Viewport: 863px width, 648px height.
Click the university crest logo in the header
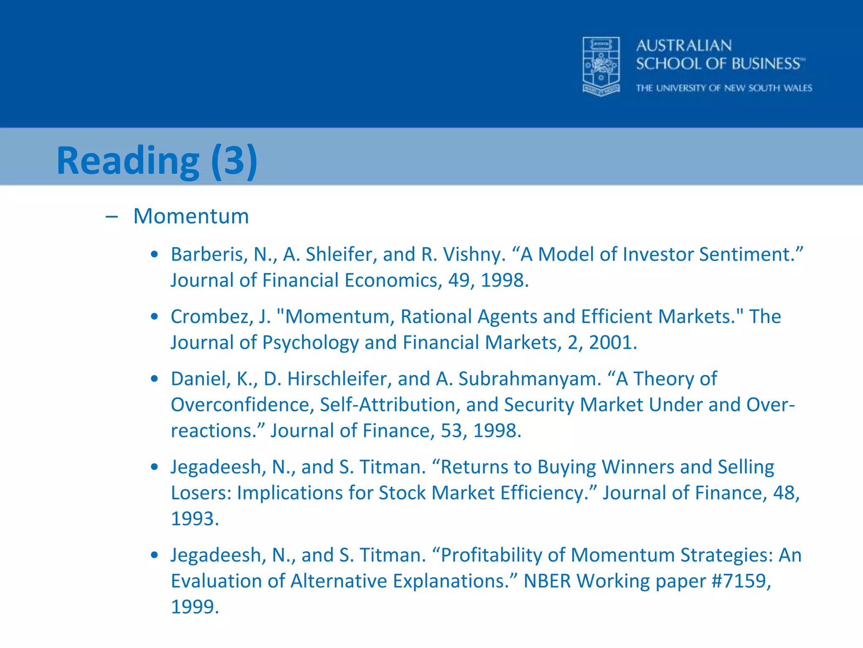pos(601,66)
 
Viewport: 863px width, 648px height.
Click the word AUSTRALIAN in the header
pos(683,46)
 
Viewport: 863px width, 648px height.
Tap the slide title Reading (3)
pos(157,161)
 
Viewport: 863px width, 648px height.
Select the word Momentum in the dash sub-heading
pos(191,216)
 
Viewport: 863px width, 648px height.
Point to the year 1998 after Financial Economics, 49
pos(504,281)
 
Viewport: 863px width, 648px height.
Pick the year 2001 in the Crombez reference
pos(612,343)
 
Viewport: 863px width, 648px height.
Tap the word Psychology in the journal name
pos(310,343)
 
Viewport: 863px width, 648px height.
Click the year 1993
pos(195,519)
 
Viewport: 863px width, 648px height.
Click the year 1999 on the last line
pos(195,607)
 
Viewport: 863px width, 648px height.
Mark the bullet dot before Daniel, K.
pos(155,379)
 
